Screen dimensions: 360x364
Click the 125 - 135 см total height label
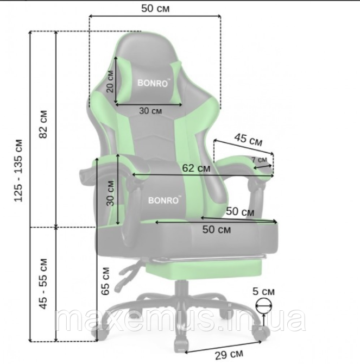(18, 171)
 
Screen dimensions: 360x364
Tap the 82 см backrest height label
(43, 124)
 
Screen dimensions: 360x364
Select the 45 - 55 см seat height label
(43, 284)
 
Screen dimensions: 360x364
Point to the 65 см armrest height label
(105, 281)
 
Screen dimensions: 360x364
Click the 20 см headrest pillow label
(110, 81)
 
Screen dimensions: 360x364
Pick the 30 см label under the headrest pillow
(150, 111)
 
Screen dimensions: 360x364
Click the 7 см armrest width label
(260, 160)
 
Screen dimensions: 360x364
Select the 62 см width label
(196, 168)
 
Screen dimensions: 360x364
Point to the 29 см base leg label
(229, 354)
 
